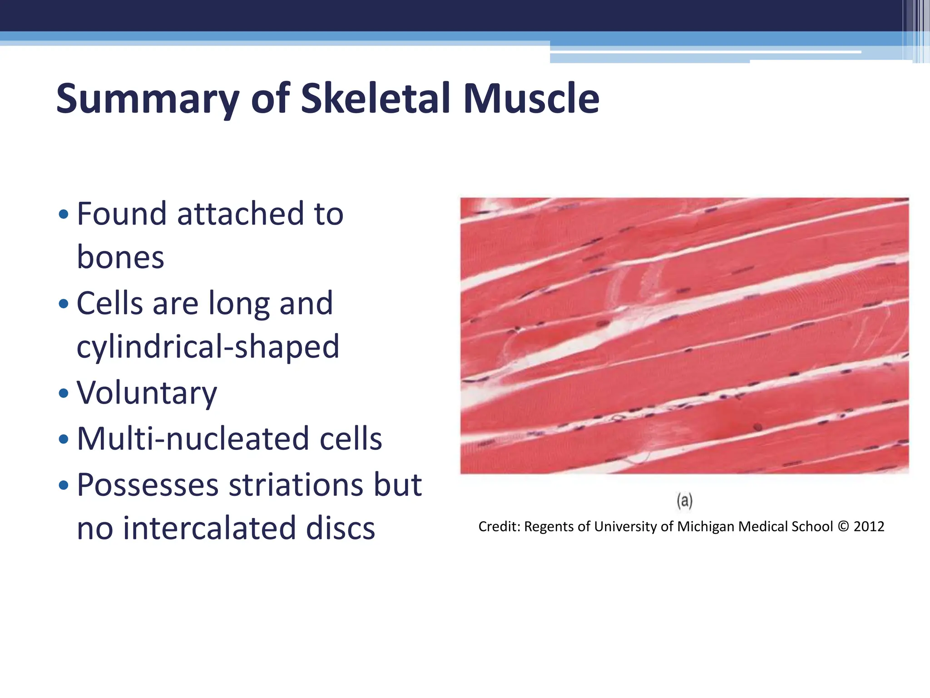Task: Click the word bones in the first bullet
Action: pos(120,258)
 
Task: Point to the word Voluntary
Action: pos(147,393)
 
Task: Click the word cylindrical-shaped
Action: pos(208,347)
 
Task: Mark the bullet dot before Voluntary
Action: pos(64,394)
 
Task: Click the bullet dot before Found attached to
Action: pos(64,214)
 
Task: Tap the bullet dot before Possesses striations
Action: pos(64,486)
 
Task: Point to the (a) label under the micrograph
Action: pos(684,501)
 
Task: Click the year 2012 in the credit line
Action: pos(869,527)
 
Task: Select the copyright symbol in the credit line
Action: pos(843,527)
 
